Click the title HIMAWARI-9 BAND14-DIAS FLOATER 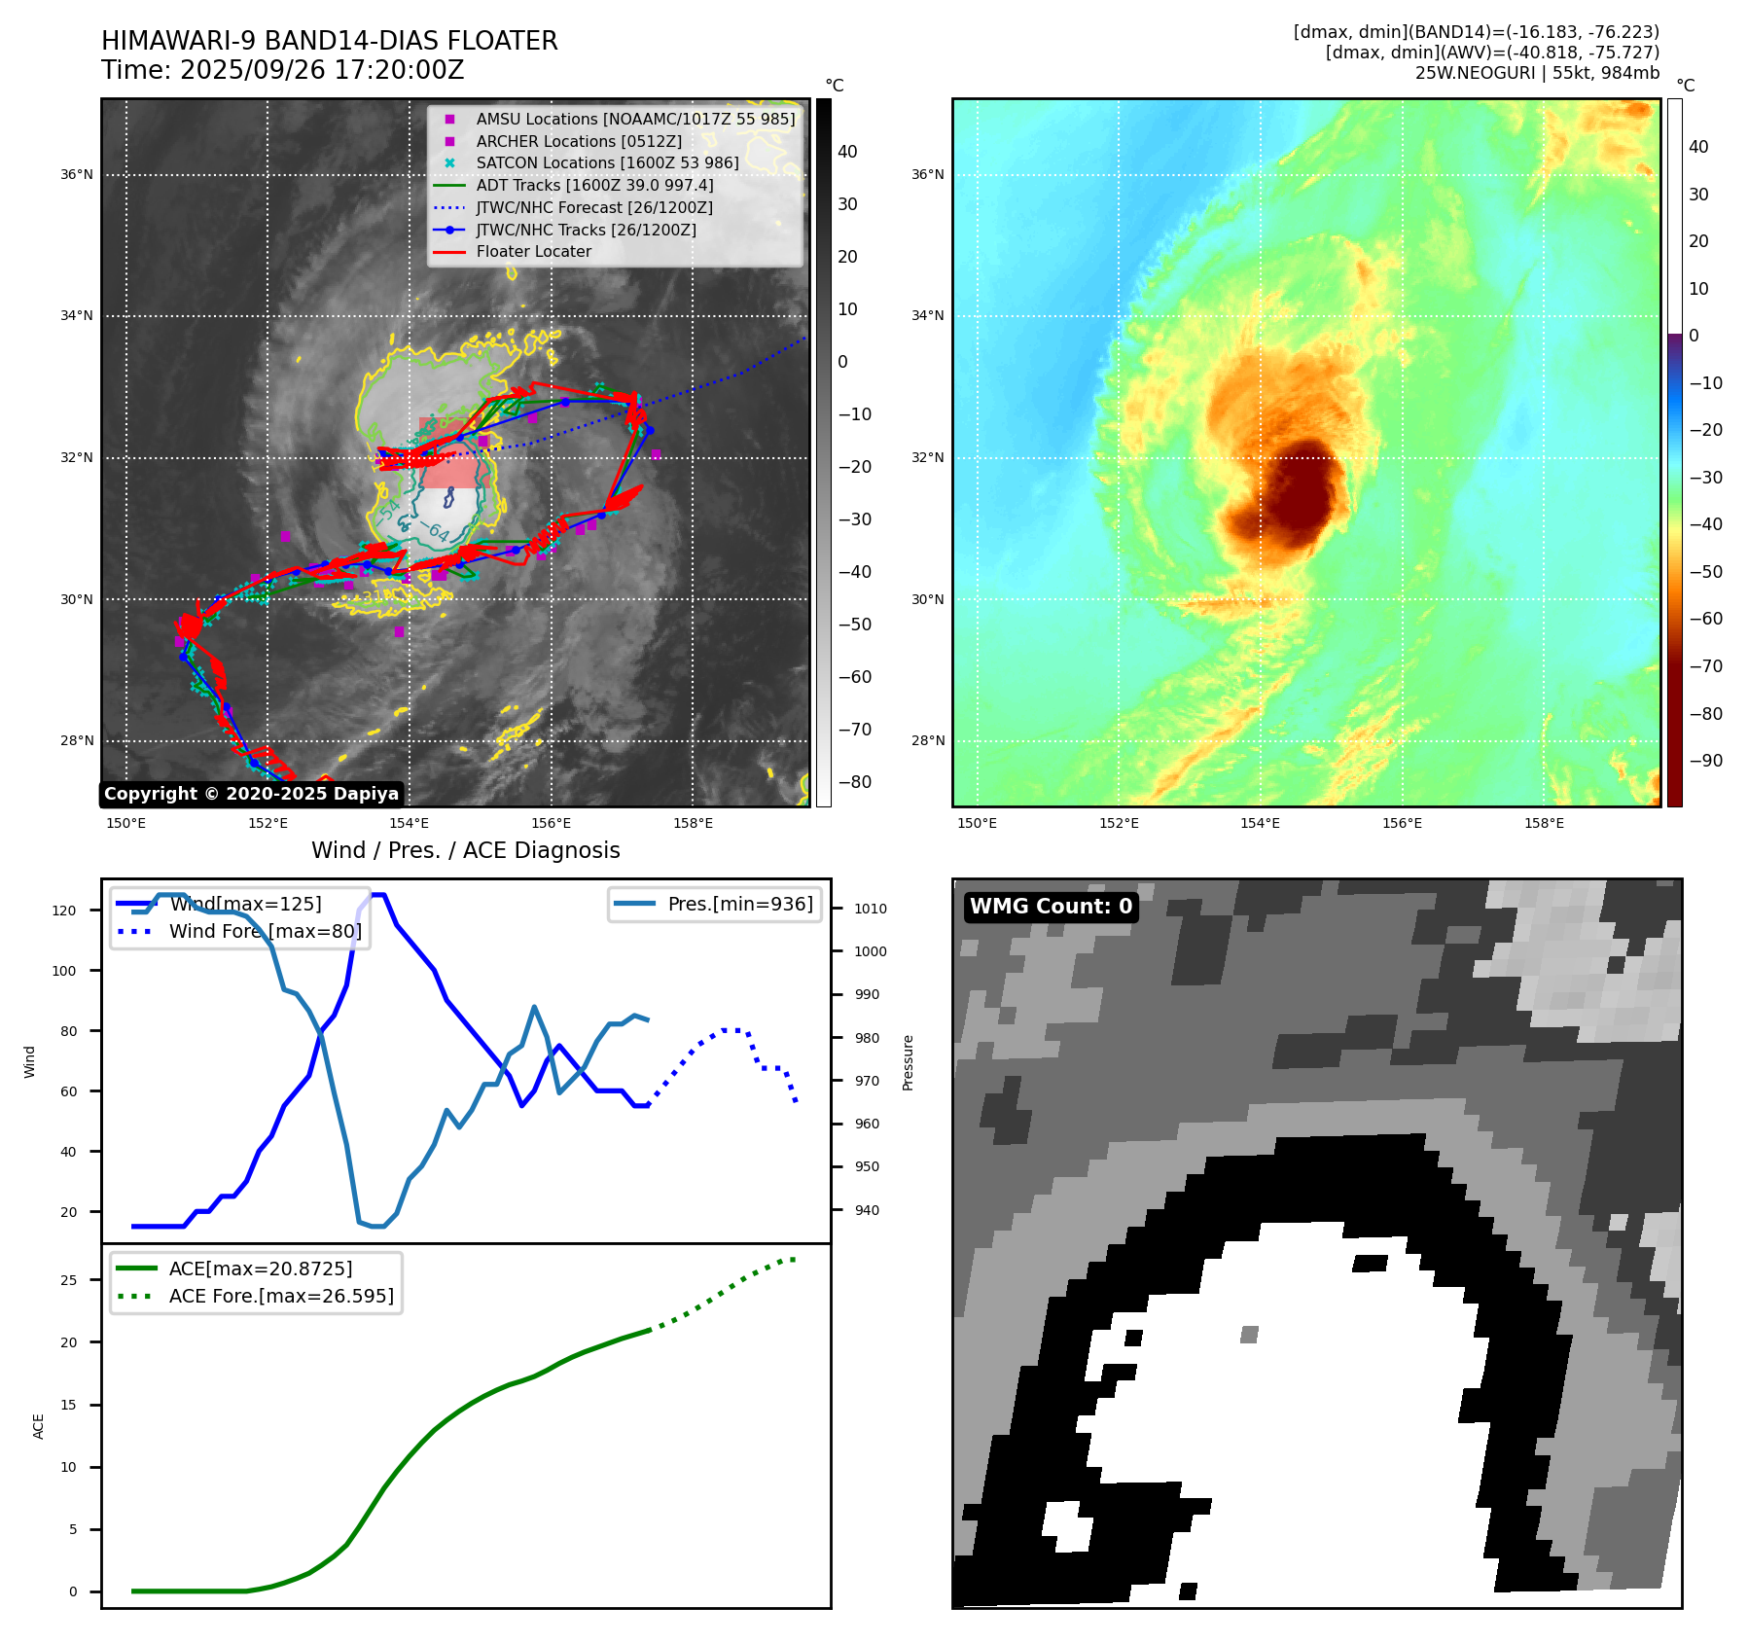point(329,41)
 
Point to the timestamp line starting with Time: point(282,70)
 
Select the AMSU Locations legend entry point(634,119)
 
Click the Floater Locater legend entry point(533,251)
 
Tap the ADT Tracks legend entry point(593,185)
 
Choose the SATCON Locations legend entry point(607,162)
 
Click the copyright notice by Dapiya point(251,794)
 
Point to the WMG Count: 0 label point(1051,907)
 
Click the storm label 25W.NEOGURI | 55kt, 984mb point(1537,73)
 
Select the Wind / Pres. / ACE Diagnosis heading point(465,850)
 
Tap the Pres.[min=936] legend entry point(739,904)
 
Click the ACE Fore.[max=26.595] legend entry point(281,1296)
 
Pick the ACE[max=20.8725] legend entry point(260,1269)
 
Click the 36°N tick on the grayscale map point(77,175)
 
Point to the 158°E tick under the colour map point(1544,823)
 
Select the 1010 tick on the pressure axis point(870,909)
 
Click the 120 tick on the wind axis point(64,911)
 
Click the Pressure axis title point(908,1062)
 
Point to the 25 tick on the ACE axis point(69,1280)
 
